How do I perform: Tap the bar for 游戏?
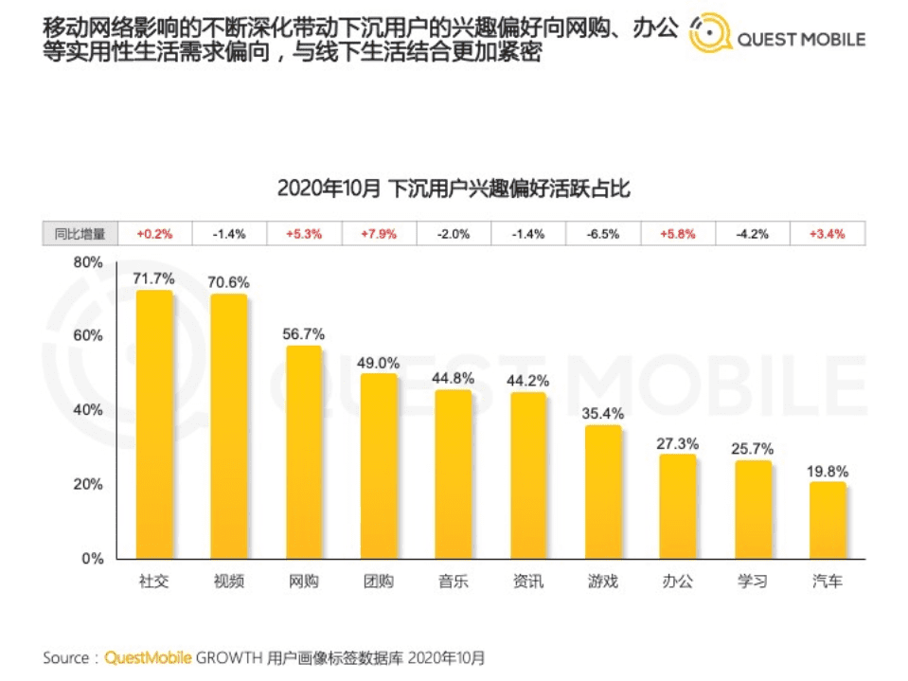tap(602, 492)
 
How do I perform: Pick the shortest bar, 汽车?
tap(828, 520)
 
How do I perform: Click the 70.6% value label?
tap(228, 281)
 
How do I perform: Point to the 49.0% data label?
tap(378, 362)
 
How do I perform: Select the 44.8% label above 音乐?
tap(453, 378)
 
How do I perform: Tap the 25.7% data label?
tap(753, 448)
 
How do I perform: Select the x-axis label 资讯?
tap(527, 582)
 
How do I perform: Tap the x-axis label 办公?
tap(678, 582)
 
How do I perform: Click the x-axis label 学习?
tap(753, 582)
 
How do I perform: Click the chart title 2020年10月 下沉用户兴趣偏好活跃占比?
tap(454, 188)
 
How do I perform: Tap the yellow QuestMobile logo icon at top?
tap(708, 35)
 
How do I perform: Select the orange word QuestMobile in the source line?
tap(148, 656)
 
